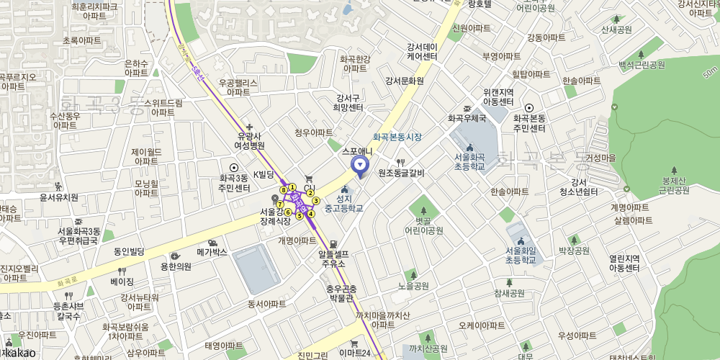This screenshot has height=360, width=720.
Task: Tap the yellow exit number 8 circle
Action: (284, 190)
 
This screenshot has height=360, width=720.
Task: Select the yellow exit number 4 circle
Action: (311, 213)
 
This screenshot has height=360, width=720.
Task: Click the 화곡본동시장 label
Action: (397, 137)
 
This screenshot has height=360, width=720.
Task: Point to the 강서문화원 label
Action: (404, 81)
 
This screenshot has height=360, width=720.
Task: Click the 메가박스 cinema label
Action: (212, 252)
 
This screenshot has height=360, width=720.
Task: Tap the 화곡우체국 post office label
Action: (467, 118)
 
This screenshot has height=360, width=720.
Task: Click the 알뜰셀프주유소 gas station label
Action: (333, 258)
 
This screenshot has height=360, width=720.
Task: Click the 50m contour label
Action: (710, 73)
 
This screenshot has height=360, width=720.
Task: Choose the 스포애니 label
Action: (357, 151)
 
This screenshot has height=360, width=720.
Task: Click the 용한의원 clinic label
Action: (176, 266)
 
